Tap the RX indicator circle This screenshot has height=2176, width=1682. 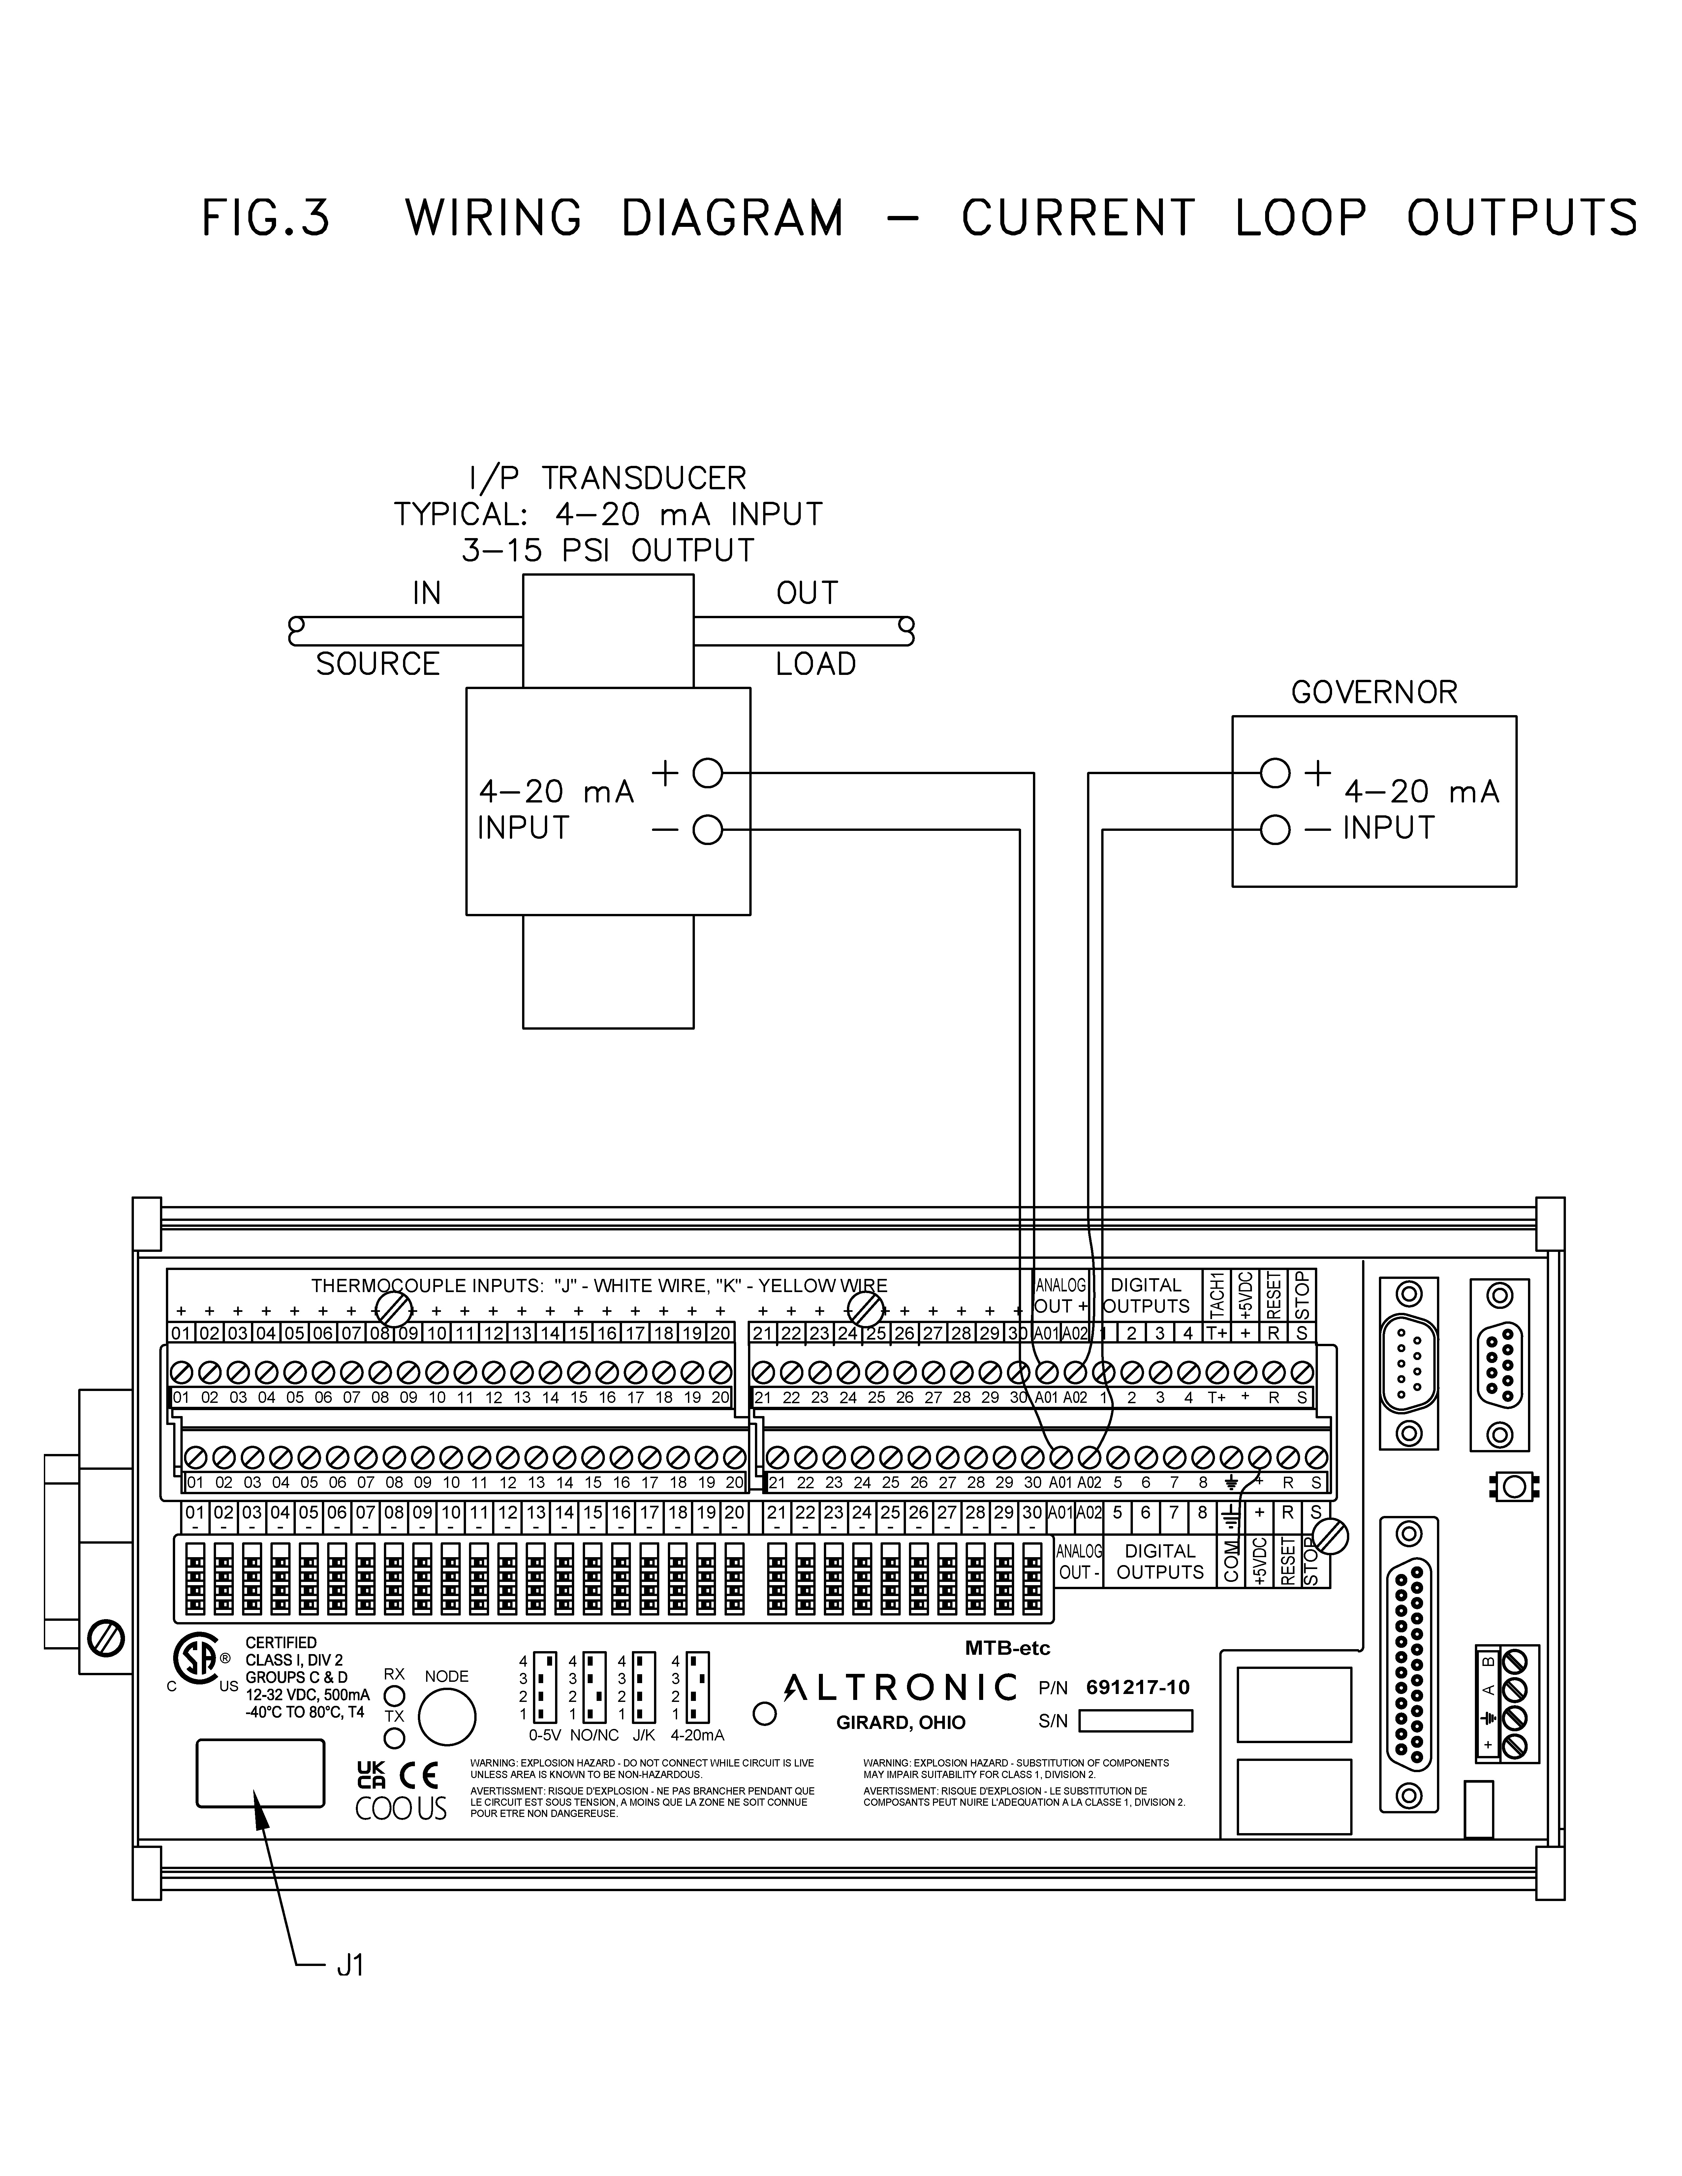394,1695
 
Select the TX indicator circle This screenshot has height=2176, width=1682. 394,1738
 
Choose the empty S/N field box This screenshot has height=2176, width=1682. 1136,1721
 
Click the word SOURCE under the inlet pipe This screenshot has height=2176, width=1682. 378,665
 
